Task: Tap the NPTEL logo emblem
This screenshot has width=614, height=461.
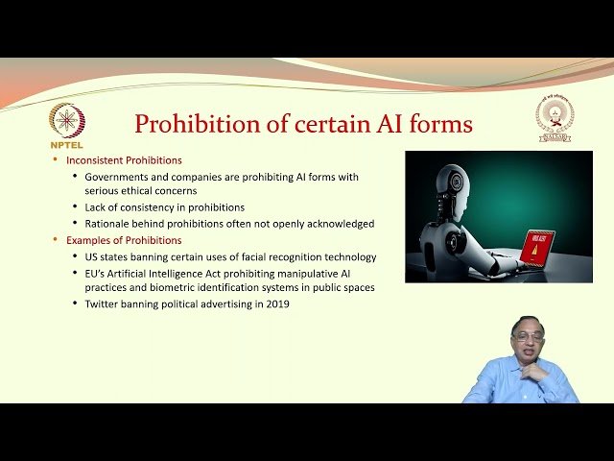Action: [x=66, y=120]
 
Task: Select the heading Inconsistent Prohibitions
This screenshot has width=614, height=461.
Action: [x=124, y=160]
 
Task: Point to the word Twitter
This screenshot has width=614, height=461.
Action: [x=105, y=303]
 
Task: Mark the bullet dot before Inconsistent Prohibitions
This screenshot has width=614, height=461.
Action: [x=55, y=160]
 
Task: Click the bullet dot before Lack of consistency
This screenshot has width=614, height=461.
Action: [x=75, y=207]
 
